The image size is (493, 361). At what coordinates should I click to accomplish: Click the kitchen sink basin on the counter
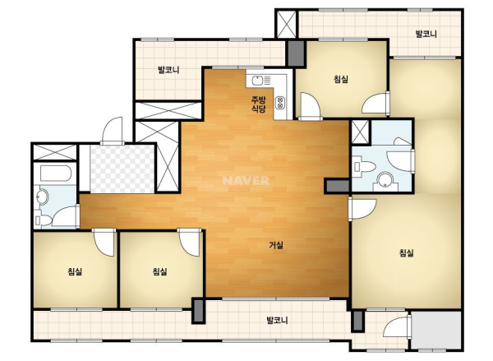[257, 81]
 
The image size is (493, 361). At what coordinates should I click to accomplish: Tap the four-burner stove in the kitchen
[279, 103]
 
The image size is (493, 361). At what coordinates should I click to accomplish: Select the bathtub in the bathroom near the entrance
[56, 174]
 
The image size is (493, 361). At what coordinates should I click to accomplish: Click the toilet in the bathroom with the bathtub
[44, 220]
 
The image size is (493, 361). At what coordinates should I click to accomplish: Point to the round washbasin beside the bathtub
[42, 197]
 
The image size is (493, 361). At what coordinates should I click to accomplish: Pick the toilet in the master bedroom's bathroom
[364, 166]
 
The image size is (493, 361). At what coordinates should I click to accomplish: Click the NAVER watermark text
[246, 181]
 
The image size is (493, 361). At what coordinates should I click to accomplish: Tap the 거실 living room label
[276, 245]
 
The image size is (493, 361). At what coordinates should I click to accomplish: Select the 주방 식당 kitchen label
[258, 104]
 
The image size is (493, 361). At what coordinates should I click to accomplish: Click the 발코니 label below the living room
[277, 321]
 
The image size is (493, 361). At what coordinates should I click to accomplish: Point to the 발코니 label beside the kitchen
[168, 70]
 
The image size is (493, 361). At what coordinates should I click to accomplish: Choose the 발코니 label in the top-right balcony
[426, 34]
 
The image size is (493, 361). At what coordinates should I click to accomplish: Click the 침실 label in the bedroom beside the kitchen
[341, 79]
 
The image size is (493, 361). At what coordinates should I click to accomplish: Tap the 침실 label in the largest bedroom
[406, 252]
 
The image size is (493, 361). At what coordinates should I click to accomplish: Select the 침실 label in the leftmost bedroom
[75, 271]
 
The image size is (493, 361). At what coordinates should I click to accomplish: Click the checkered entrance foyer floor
[122, 169]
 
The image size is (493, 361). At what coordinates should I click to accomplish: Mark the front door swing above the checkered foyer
[112, 131]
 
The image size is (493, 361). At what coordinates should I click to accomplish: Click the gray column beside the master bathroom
[338, 186]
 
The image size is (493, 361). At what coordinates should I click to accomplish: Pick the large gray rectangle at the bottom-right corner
[435, 330]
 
